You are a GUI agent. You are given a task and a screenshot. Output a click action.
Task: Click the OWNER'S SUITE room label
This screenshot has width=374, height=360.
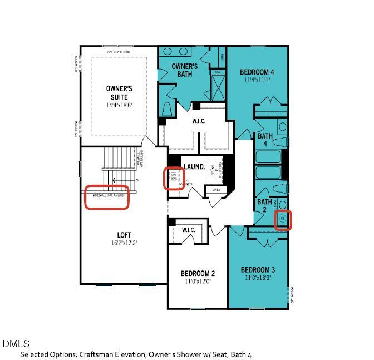coord(119,92)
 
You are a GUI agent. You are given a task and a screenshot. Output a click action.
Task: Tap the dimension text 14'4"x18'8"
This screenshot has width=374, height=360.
coord(119,105)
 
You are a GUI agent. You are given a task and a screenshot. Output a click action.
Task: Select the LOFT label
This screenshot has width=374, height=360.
coord(124,235)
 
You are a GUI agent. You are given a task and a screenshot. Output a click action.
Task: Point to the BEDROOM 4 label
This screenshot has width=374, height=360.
coord(257,72)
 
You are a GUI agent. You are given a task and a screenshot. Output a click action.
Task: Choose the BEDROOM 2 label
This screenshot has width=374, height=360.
coord(198,273)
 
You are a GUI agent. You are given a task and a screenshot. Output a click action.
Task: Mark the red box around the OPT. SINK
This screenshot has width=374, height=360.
coord(174,178)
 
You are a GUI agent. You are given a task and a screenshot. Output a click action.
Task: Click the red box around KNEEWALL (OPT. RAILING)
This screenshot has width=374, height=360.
coord(106,196)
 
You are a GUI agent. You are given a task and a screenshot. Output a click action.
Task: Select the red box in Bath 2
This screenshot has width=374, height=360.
coord(283,219)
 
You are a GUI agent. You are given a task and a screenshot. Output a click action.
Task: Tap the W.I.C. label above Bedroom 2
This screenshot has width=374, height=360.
coord(188,229)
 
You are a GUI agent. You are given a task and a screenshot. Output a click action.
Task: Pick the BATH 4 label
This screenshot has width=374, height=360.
coord(265,140)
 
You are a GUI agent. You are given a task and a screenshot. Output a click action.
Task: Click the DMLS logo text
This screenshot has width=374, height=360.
coord(16,343)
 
